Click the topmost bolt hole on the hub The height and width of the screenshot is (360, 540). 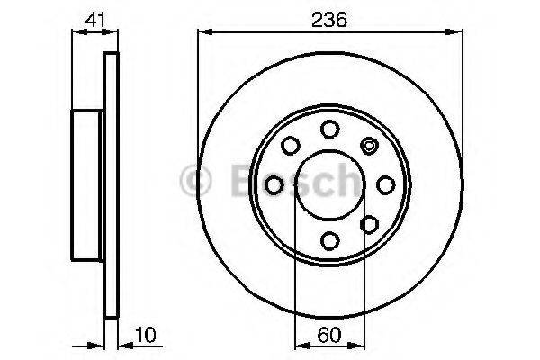[x=329, y=128]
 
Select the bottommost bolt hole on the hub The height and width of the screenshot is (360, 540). [x=329, y=240]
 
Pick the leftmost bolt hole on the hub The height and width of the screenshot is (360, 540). [x=274, y=184]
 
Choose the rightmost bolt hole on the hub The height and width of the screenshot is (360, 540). [x=386, y=184]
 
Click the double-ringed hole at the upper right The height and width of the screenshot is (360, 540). [x=369, y=144]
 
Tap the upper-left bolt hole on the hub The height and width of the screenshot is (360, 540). [x=290, y=144]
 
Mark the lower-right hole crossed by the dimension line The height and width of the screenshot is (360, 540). [x=369, y=224]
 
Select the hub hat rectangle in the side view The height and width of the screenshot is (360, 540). [x=88, y=184]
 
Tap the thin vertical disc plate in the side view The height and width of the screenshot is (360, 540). [x=112, y=184]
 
